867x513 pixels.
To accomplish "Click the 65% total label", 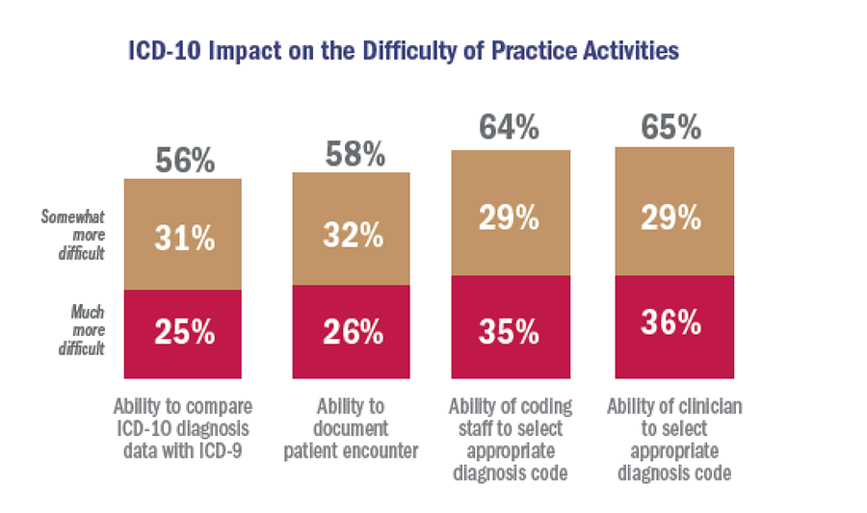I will point(672,128).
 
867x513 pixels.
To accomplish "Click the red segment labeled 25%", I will point(184,333).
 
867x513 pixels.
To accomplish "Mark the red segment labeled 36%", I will point(672,326).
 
